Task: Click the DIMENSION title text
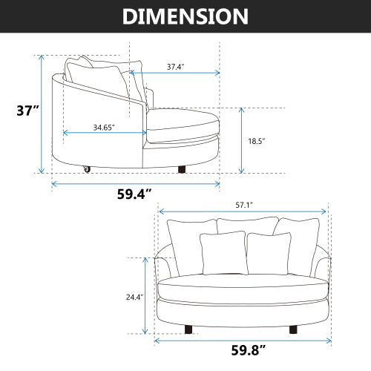click(x=185, y=16)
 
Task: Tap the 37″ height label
click(x=27, y=111)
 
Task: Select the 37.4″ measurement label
click(x=176, y=67)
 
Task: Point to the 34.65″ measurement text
click(x=104, y=128)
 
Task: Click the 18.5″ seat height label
click(x=257, y=141)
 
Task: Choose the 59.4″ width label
click(x=134, y=194)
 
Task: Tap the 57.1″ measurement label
click(x=244, y=205)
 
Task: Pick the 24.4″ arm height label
click(x=135, y=297)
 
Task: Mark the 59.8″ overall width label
click(x=249, y=350)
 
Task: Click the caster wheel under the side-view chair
click(x=87, y=169)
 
